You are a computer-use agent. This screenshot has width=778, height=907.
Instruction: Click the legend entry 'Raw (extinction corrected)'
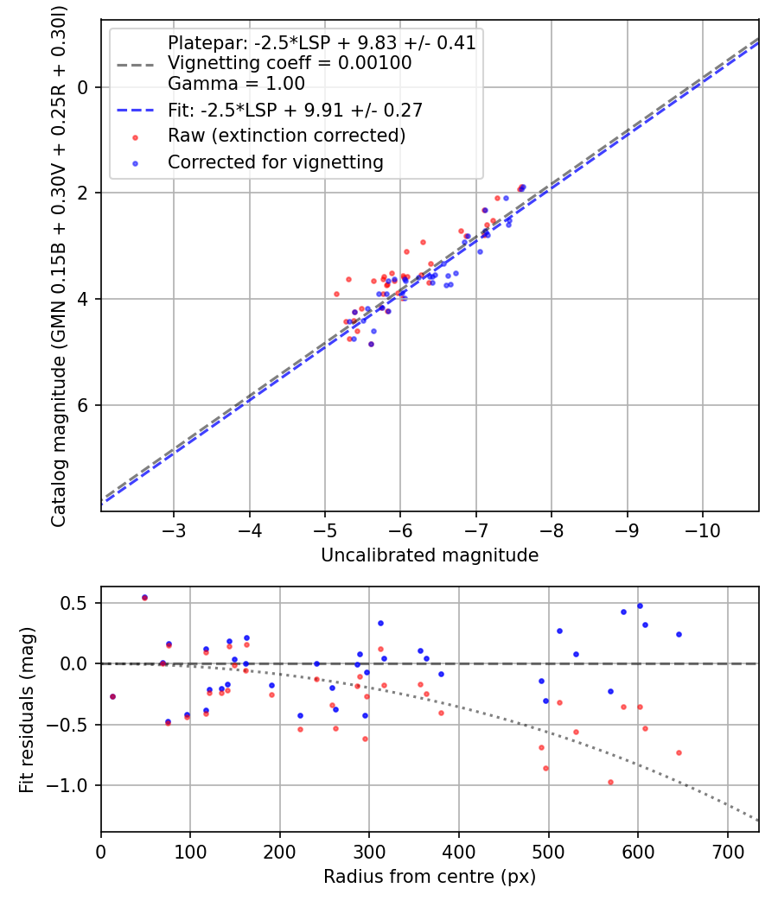coord(286,136)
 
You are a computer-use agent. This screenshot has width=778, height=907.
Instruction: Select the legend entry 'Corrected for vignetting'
coord(276,162)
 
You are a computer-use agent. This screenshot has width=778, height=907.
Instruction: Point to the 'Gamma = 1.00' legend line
coord(236,84)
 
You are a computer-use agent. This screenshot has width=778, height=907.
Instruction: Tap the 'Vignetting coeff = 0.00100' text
coord(290,63)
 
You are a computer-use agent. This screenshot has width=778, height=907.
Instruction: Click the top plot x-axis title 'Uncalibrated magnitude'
coord(430,555)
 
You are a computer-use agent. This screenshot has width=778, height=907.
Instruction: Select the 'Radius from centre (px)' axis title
coord(430,877)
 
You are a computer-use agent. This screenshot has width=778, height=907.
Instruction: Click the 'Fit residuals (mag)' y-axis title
coord(27,710)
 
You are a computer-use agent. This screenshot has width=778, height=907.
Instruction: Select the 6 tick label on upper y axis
coord(83,405)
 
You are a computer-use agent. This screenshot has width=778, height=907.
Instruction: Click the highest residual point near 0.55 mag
coord(144,597)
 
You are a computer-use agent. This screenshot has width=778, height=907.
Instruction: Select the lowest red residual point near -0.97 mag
coord(610,782)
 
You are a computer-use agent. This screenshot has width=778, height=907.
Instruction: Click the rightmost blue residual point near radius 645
coord(679,634)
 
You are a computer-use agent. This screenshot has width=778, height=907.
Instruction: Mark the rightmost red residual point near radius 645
coord(679,752)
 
